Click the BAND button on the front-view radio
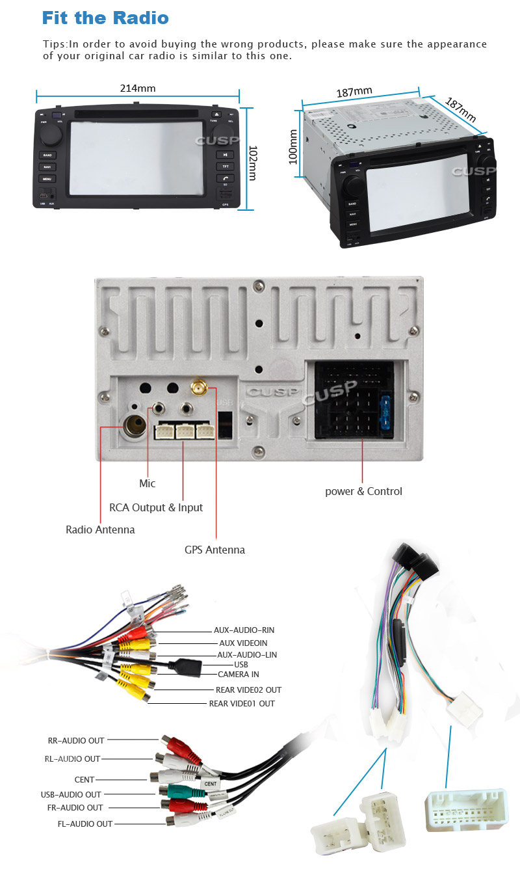47,155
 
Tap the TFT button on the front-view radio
224,167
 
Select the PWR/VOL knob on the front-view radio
50,135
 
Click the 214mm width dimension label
137,88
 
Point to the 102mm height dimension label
252,163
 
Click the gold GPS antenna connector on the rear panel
199,389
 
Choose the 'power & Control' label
363,491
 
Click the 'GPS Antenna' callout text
214,550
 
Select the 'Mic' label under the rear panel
148,483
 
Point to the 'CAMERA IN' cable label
238,675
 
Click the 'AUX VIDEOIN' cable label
243,643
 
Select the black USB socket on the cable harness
187,665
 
